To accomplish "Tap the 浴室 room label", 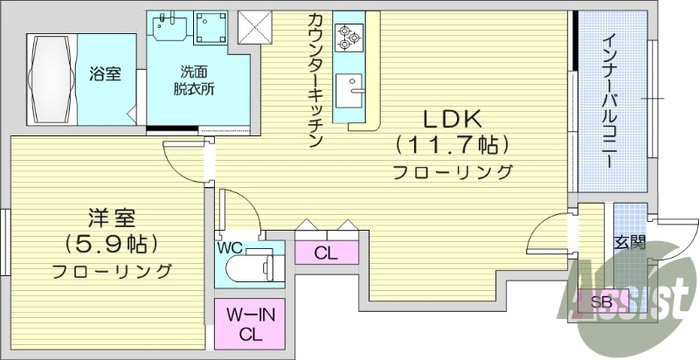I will point(106,74).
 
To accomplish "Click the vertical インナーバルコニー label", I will point(607,100).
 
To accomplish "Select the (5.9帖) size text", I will point(111,243).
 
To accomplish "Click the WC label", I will point(229,246).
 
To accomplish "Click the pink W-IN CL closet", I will point(251,324).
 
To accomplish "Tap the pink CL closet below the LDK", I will point(327,253).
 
